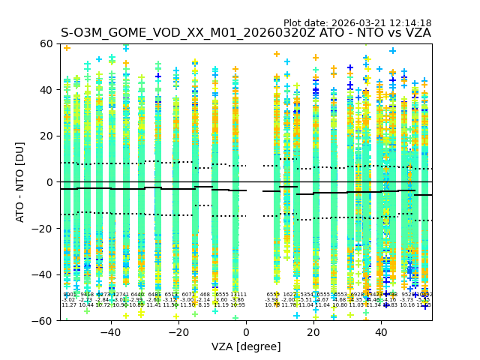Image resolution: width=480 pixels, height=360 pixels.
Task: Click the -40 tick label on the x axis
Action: point(111,331)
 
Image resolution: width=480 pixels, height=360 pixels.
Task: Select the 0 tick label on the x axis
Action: point(246,331)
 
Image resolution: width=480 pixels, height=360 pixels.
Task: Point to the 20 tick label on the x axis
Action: point(313,331)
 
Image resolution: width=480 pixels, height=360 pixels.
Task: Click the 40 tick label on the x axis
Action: point(381,331)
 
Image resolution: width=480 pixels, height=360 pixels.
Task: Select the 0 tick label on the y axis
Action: point(50,182)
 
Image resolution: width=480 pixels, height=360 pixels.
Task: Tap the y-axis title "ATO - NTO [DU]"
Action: point(20,182)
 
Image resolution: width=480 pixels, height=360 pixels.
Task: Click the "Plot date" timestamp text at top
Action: point(357,23)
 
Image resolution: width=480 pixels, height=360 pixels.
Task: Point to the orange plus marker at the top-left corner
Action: point(67,48)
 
